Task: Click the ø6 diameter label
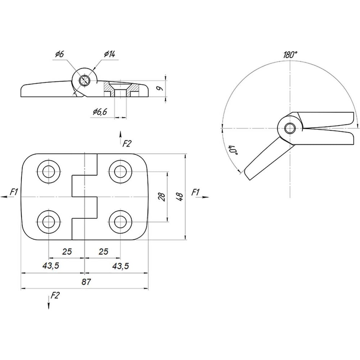pyautogui.click(x=59, y=54)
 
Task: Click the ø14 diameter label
pyautogui.click(x=109, y=54)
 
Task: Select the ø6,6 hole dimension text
pyautogui.click(x=100, y=112)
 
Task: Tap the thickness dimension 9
pyautogui.click(x=161, y=88)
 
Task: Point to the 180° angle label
pyautogui.click(x=290, y=55)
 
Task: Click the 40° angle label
pyautogui.click(x=233, y=150)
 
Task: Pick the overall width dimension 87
pyautogui.click(x=86, y=282)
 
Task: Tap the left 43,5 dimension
pyautogui.click(x=51, y=266)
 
